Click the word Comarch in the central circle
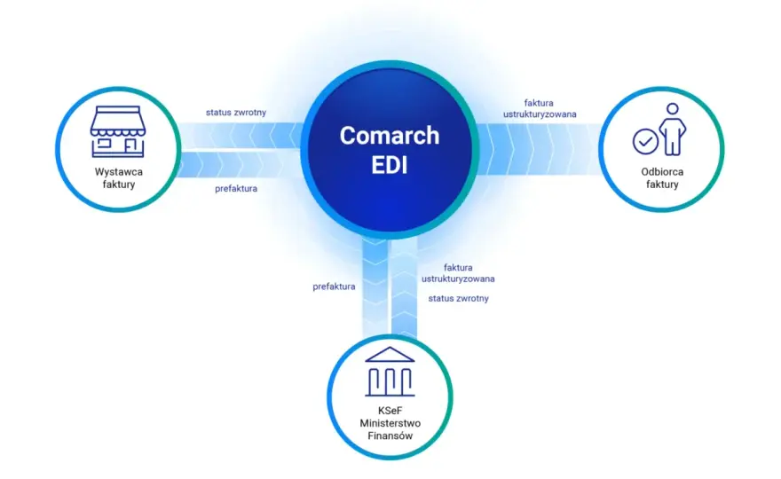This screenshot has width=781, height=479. pos(390,136)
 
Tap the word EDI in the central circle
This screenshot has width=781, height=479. pos(390,165)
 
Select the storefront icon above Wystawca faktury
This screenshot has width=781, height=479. pos(118,131)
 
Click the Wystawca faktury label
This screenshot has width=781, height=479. pos(119,177)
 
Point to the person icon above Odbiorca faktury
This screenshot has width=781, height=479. pos(673,129)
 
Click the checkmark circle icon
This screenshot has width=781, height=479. pos(645,141)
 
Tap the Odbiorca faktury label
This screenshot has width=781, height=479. pos(662,177)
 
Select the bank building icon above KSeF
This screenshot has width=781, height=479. pos(390,372)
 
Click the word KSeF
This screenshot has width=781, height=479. pos(390,411)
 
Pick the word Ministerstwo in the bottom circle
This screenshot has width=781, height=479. pos(390,423)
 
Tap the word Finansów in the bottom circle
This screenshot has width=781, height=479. pos(390,436)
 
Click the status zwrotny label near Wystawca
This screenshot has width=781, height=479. pos(236,113)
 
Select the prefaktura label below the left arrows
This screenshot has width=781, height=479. pos(236,189)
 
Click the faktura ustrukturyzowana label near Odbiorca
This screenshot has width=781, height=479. pos(540,108)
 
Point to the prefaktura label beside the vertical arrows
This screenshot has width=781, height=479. pos(334,287)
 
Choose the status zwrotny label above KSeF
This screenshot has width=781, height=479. pos(458,299)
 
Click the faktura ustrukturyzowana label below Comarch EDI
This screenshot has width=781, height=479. pos(458,273)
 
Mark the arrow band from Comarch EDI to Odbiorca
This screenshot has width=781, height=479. pos(538,149)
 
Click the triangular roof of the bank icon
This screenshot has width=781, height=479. pos(390,355)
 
